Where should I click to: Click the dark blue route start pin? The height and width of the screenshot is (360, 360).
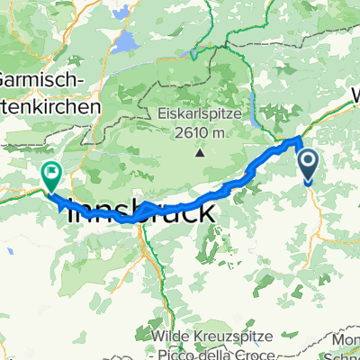pos(308,166)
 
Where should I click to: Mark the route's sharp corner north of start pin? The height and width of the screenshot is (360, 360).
pos(298,140)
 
